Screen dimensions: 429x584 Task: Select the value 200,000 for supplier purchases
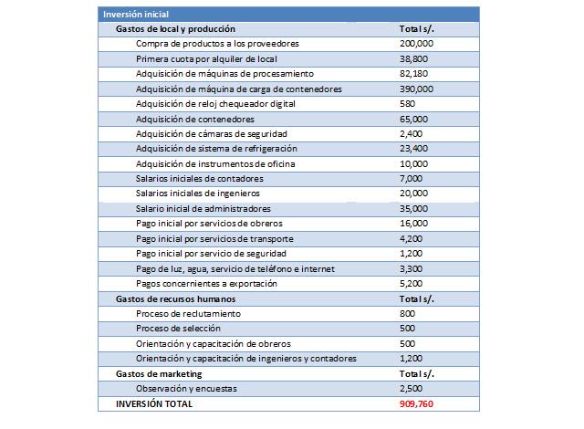(x=416, y=44)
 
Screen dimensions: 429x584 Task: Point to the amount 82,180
(x=414, y=73)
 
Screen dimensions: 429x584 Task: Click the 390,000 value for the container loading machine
(x=416, y=88)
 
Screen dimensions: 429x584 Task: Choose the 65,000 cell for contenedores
(x=414, y=120)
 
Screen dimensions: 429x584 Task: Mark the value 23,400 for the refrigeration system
(x=414, y=149)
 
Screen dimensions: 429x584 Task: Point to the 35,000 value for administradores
(x=414, y=209)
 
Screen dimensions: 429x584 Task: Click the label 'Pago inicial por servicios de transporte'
(x=214, y=239)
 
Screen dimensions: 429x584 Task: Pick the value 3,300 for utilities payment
(x=412, y=269)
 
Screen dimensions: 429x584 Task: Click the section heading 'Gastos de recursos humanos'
(x=176, y=298)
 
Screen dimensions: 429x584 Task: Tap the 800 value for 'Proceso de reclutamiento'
(x=407, y=314)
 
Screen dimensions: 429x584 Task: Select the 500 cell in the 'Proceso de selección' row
(x=407, y=329)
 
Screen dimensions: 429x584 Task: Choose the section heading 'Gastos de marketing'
(x=159, y=373)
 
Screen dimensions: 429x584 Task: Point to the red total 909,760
(x=416, y=403)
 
